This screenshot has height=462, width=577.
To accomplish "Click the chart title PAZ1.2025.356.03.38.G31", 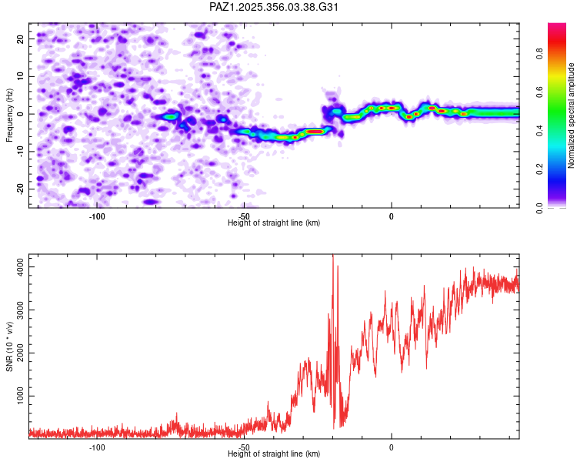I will (275, 7).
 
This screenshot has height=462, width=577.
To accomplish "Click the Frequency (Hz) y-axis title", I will (9, 114).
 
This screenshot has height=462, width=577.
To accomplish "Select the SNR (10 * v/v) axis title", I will (9, 346).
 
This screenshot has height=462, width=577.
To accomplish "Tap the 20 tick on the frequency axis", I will (20, 38).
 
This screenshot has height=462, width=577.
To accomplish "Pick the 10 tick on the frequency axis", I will (20, 76).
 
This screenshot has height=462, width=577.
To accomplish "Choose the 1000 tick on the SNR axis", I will (16, 396).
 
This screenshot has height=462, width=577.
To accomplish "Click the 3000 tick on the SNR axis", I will (16, 310).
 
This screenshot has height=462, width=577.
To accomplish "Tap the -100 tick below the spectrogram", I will (97, 216).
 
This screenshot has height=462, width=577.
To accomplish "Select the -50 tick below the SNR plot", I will (244, 447).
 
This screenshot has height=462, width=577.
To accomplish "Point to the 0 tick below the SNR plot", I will (391, 447).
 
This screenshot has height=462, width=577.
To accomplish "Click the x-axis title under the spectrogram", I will (274, 223).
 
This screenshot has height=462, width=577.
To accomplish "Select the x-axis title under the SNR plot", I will (274, 454).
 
